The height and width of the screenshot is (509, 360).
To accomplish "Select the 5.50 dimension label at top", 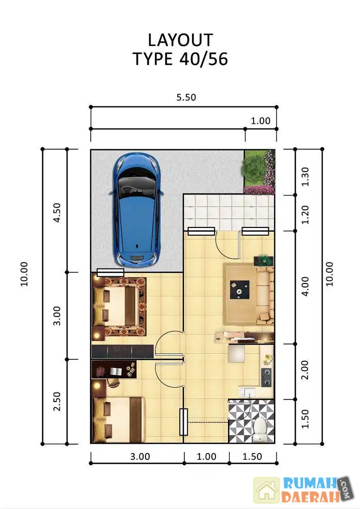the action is click(x=186, y=97).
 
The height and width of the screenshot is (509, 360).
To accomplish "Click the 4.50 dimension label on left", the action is click(x=57, y=212).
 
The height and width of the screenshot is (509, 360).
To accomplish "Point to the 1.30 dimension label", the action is click(x=305, y=177).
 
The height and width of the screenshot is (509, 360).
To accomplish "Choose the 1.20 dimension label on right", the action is click(x=305, y=215).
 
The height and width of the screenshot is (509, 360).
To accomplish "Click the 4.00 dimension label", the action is click(x=305, y=286).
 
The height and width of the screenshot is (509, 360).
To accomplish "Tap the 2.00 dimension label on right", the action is click(x=305, y=370).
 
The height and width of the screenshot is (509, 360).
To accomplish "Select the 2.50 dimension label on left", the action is click(x=57, y=401).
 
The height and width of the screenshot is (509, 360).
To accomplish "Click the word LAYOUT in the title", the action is click(x=180, y=40).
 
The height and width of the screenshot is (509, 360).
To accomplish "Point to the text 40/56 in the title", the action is click(x=204, y=59).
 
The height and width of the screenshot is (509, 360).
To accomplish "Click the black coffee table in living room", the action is click(x=239, y=290).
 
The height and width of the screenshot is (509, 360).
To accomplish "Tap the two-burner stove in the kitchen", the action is click(x=266, y=377).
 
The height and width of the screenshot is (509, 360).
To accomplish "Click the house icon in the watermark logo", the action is click(x=266, y=490).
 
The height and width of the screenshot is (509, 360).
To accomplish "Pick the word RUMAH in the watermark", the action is click(x=310, y=483).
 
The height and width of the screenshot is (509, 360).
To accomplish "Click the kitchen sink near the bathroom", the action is click(x=247, y=392).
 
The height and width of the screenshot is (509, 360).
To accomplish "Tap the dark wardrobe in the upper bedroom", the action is click(x=122, y=352).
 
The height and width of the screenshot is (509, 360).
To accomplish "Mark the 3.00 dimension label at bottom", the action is click(x=140, y=457).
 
